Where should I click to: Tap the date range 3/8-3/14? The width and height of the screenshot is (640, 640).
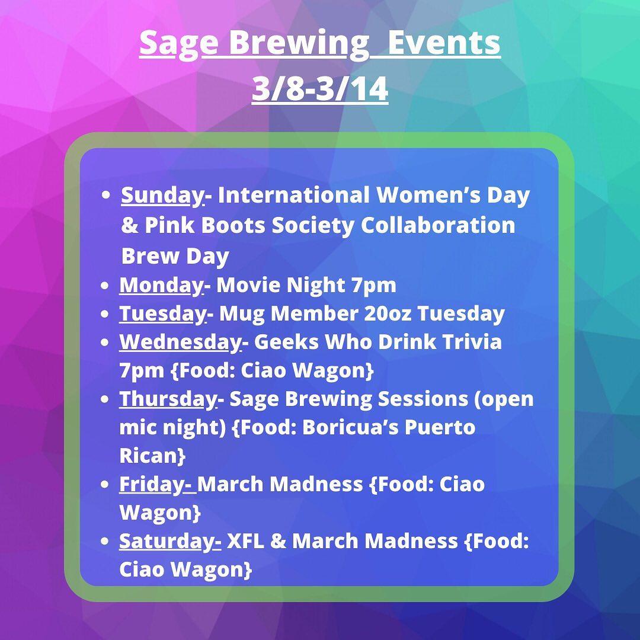319,88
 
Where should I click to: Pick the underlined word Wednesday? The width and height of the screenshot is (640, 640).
180,342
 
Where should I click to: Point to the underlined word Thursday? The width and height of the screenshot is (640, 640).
168,399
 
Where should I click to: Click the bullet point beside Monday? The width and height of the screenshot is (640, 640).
104,285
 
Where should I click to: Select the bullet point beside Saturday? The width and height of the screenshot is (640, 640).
104,541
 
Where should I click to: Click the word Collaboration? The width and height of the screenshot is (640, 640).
438,225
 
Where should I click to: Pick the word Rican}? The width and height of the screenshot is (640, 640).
152,456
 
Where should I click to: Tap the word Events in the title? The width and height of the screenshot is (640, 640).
444,43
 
